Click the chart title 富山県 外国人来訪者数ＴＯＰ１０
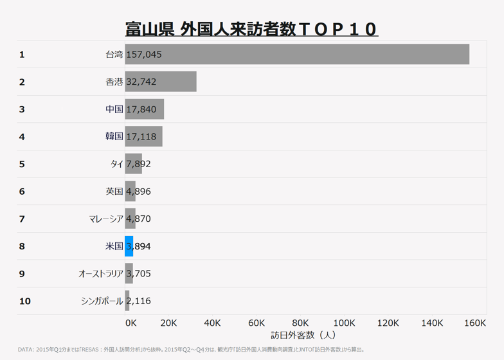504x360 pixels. tap(251, 30)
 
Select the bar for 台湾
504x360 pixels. tap(297, 55)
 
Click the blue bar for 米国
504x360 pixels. tap(129, 246)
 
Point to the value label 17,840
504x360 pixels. tap(141, 109)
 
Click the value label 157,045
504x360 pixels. tap(144, 55)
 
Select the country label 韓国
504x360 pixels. tap(114, 137)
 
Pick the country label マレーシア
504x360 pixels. tap(106, 219)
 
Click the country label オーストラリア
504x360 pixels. tap(100, 274)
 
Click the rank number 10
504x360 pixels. tap(24, 301)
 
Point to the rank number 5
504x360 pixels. tap(22, 164)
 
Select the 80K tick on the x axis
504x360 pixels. tap(300, 323)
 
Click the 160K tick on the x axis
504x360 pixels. tap(474, 323)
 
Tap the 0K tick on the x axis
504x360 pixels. tap(130, 323)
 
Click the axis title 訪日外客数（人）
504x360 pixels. tap(303, 335)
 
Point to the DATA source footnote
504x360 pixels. tap(192, 350)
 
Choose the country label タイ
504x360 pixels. tap(116, 164)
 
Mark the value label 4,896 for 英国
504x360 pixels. tap(139, 192)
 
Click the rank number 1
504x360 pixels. tap(22, 55)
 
